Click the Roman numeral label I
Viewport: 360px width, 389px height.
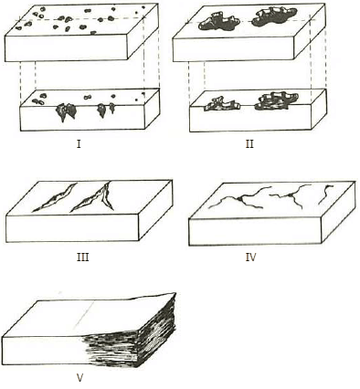click(x=79, y=144)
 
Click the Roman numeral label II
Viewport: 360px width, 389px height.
click(x=249, y=144)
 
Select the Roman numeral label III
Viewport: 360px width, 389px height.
click(x=83, y=258)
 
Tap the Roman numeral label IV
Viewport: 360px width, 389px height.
click(x=250, y=258)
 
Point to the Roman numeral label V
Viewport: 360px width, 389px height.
click(x=79, y=378)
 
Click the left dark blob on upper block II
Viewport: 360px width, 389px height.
click(x=218, y=21)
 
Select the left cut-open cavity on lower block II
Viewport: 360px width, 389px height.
click(x=222, y=103)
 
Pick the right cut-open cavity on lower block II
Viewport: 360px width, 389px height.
click(x=276, y=100)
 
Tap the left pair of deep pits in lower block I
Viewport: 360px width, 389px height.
click(x=66, y=111)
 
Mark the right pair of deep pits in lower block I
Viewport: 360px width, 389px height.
click(x=106, y=110)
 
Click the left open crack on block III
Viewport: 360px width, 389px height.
click(x=54, y=197)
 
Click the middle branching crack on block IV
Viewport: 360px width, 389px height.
click(x=291, y=195)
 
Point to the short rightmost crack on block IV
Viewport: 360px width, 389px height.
click(x=324, y=194)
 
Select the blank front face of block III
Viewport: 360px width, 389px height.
click(x=72, y=228)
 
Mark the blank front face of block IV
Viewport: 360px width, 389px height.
click(x=255, y=232)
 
